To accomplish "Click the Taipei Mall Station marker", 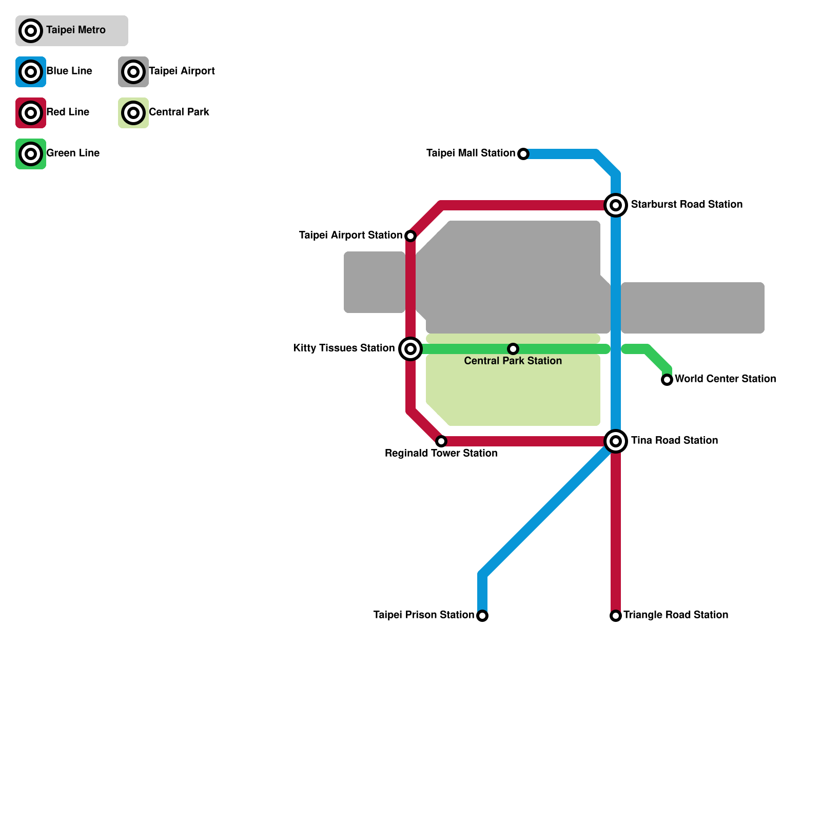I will (523, 154).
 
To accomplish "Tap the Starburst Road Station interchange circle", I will (616, 205).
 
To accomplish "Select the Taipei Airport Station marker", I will (411, 236).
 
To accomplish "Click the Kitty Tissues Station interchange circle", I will (411, 349).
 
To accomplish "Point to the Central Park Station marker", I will (513, 349).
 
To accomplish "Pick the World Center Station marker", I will (667, 380).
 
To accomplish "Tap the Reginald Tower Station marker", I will (441, 441).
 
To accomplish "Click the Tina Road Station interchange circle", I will (616, 441).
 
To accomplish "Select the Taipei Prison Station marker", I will (482, 616).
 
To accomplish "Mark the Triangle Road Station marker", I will (616, 616).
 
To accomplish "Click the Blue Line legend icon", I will (31, 72).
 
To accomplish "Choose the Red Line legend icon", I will (31, 113).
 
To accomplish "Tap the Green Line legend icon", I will (31, 154).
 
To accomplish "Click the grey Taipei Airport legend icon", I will (133, 72).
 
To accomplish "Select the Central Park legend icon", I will (133, 113).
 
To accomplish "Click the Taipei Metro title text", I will (76, 30).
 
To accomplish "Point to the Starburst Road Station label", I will (687, 204).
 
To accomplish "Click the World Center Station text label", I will (725, 379).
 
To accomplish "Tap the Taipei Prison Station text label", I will (423, 615).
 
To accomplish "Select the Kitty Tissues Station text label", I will (344, 348).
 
